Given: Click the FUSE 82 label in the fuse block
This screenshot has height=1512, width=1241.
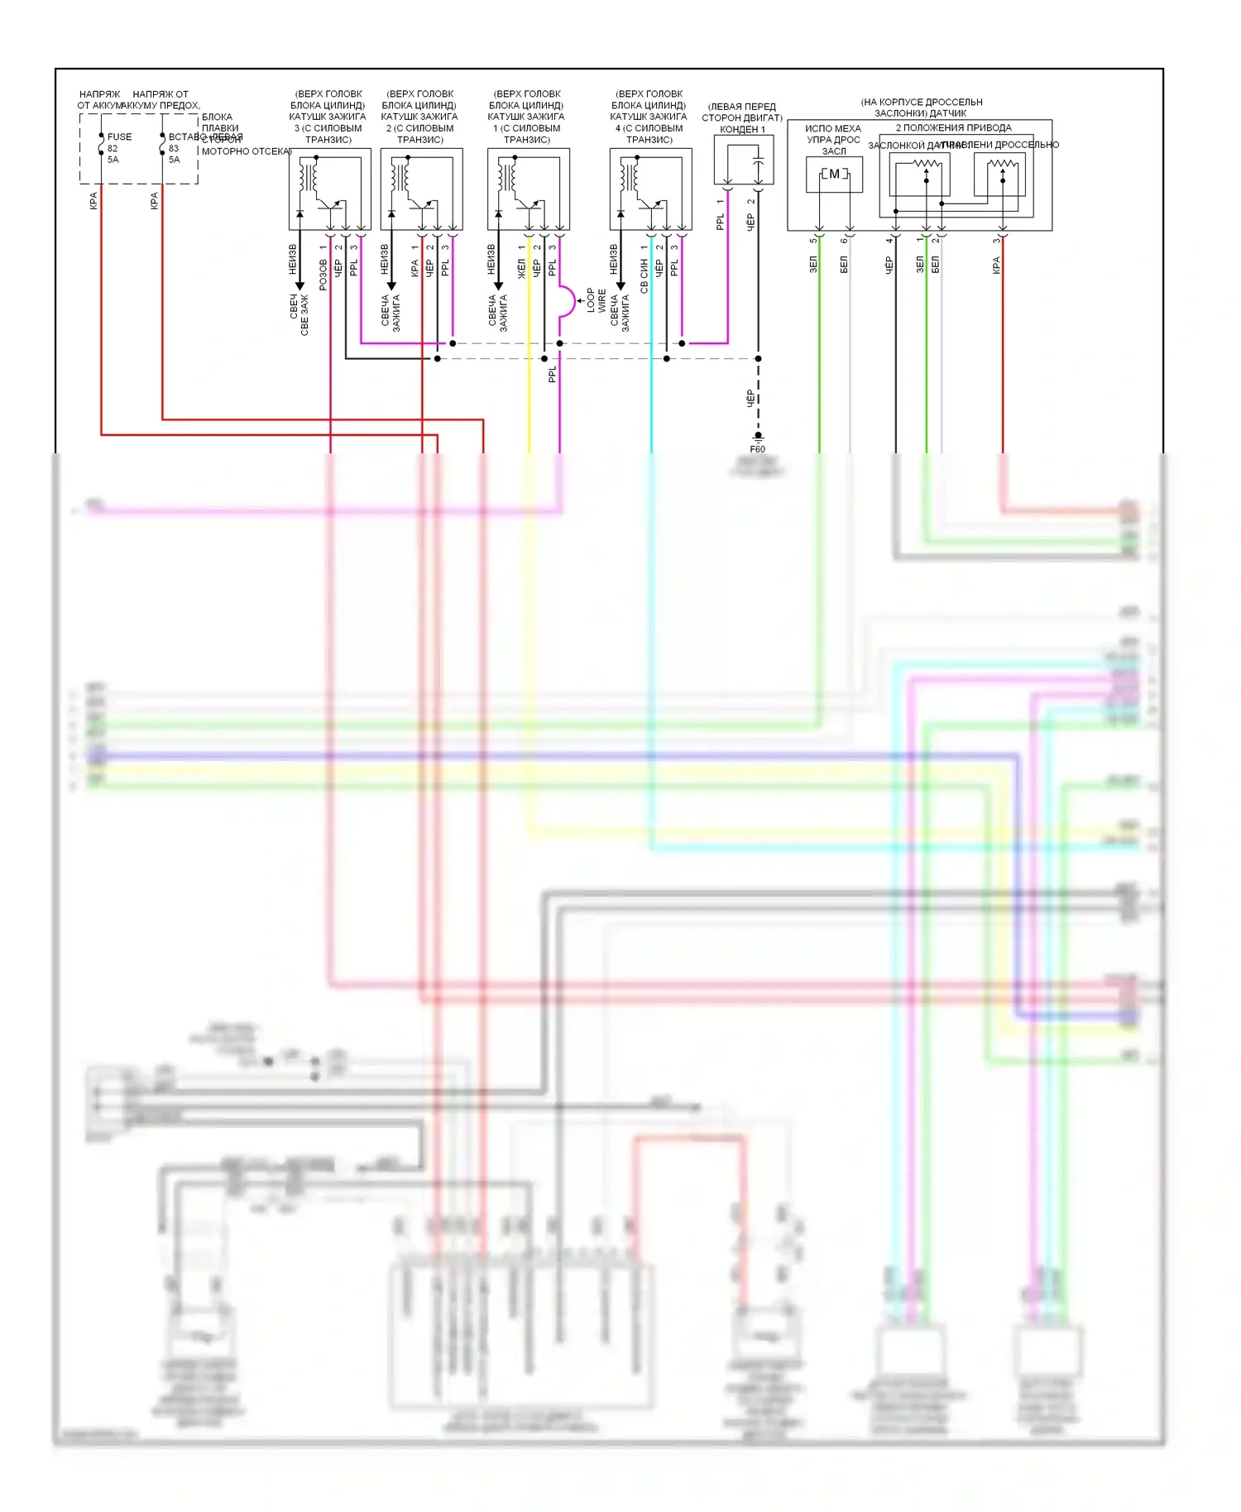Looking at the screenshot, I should [x=119, y=137].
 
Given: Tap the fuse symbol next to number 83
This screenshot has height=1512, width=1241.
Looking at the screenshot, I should [x=162, y=149].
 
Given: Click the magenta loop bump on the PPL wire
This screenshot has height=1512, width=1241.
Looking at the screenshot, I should [x=568, y=301].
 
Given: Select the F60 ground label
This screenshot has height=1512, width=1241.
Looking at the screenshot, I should [x=757, y=449].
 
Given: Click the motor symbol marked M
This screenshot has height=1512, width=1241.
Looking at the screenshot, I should [x=834, y=174].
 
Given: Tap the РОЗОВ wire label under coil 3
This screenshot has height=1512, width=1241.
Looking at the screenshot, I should [x=323, y=275].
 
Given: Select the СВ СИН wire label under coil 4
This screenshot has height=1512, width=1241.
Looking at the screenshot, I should [x=644, y=275].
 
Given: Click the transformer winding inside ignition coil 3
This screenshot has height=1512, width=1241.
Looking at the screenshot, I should [x=309, y=177].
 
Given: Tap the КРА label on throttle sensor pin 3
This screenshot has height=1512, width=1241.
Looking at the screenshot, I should [x=996, y=265].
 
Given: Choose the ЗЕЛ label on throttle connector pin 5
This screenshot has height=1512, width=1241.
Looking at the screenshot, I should [x=813, y=264].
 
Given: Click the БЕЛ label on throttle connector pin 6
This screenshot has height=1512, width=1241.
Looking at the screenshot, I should [x=844, y=264].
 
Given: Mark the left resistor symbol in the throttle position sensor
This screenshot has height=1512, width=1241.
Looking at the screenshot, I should [x=926, y=165].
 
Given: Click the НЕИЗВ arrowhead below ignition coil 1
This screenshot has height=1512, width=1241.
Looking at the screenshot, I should [x=498, y=285].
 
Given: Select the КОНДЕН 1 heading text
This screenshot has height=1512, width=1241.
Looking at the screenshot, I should [x=742, y=130].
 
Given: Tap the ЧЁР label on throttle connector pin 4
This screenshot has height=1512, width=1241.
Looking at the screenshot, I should [x=889, y=265].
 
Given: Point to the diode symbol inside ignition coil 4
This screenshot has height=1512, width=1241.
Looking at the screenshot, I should [x=620, y=214].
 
